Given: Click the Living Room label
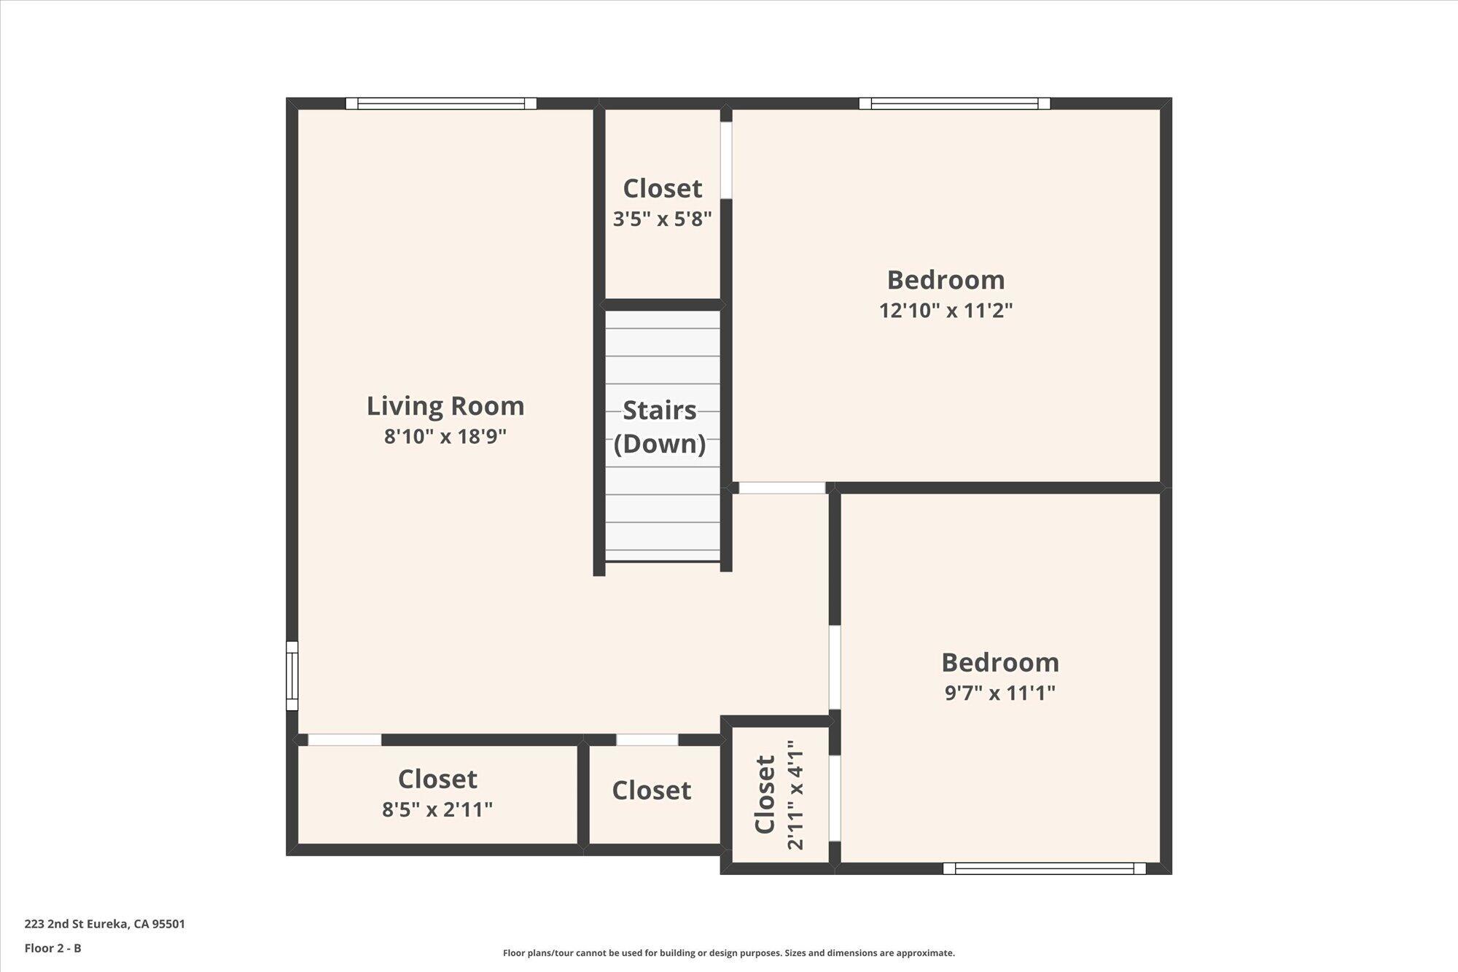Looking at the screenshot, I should coord(445,406).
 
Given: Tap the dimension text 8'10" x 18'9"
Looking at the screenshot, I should coord(445,437).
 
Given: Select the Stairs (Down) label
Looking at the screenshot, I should coord(660,427).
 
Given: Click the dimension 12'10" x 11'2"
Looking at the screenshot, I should coord(946,311).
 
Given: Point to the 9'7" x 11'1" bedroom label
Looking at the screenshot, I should coord(999,693).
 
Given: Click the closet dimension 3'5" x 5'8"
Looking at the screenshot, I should coord(662,219).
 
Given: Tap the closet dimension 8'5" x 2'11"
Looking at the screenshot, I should coord(437,809).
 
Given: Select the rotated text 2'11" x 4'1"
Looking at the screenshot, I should coord(795,795).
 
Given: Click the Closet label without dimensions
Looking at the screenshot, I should coord(651,790).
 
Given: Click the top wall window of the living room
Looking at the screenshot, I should coord(441,104).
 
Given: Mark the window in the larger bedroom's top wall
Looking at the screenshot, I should coord(954,104).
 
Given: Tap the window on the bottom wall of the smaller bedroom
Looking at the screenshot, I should coord(1044,868).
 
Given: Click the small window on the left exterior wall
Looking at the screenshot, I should coord(292,675).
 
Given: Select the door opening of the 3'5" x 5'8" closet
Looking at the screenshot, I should coord(726,160).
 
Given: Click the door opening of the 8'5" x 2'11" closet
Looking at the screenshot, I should coord(344,739).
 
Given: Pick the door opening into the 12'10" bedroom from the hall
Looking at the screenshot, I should coord(781,488).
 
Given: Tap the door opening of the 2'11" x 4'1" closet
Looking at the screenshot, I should coord(835,798).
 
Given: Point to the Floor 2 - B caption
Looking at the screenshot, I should coord(52,948).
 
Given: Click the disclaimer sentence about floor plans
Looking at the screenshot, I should coord(728,953).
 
